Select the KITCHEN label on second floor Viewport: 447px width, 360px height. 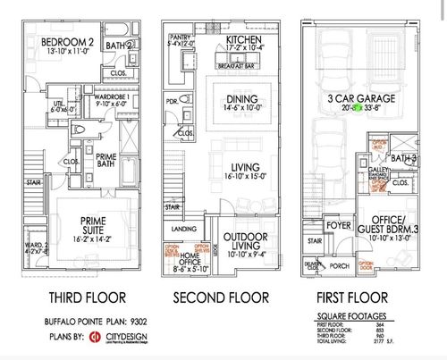242,40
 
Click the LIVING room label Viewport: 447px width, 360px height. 244,167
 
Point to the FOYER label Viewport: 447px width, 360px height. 338,226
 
